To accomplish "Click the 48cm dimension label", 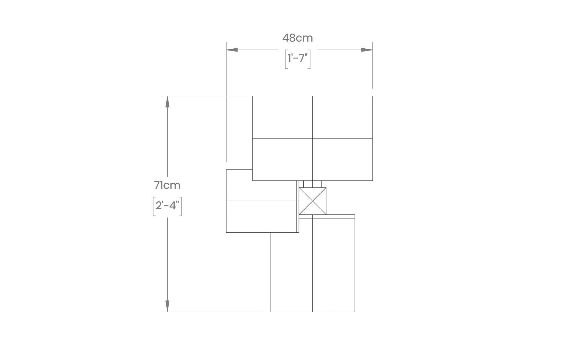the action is [297, 38].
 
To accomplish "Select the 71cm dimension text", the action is [167, 185].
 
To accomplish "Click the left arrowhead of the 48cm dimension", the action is [232, 50].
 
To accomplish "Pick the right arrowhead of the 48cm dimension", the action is [367, 50].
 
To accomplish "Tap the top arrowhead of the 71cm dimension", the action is [167, 102].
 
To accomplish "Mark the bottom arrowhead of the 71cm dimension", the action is [167, 306].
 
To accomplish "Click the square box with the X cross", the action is [312, 201].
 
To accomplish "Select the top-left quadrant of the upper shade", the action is [283, 117].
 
